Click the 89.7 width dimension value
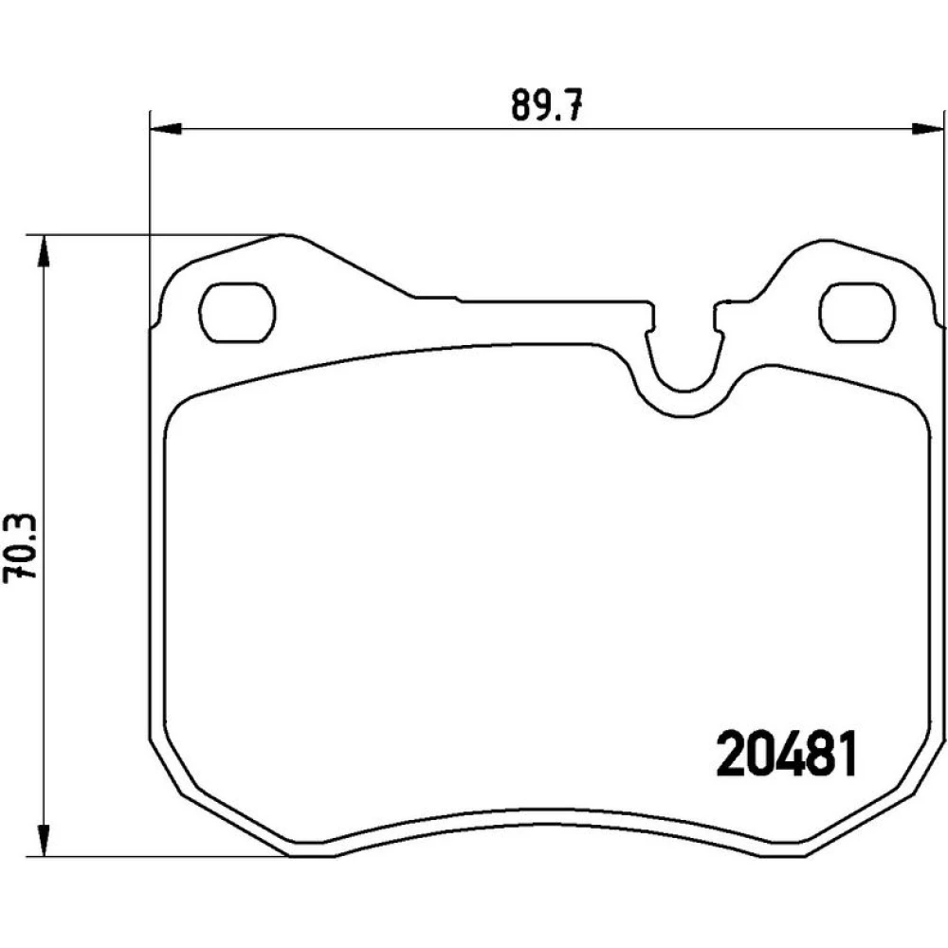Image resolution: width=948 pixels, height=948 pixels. [x=546, y=104]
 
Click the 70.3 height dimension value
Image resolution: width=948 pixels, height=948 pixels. [x=20, y=548]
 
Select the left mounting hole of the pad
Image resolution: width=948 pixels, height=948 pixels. [x=237, y=313]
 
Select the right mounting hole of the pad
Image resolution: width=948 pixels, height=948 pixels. [x=857, y=313]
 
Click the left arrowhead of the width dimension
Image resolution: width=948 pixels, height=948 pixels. [x=165, y=128]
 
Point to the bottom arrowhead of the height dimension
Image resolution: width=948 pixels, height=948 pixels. [x=43, y=840]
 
